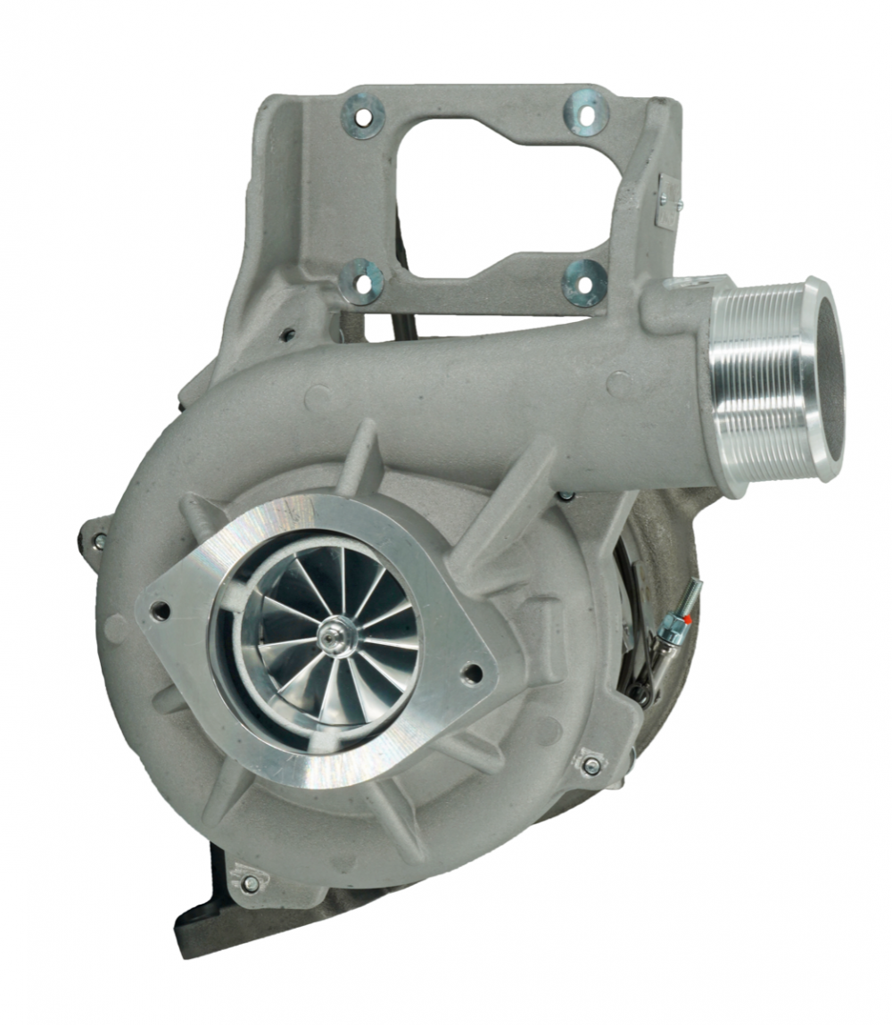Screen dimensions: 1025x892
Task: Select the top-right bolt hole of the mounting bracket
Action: tap(585, 113)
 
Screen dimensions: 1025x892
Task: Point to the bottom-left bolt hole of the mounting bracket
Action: tap(361, 282)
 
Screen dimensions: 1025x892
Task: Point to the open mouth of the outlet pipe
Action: tap(827, 375)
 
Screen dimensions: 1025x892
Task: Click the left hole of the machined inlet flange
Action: tap(161, 611)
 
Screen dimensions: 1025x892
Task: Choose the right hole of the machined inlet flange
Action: tap(473, 671)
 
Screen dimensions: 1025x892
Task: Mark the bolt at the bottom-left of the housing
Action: tap(250, 883)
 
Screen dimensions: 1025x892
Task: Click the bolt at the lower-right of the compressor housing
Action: tap(591, 765)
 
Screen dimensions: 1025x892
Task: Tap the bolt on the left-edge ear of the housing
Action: tap(98, 541)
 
